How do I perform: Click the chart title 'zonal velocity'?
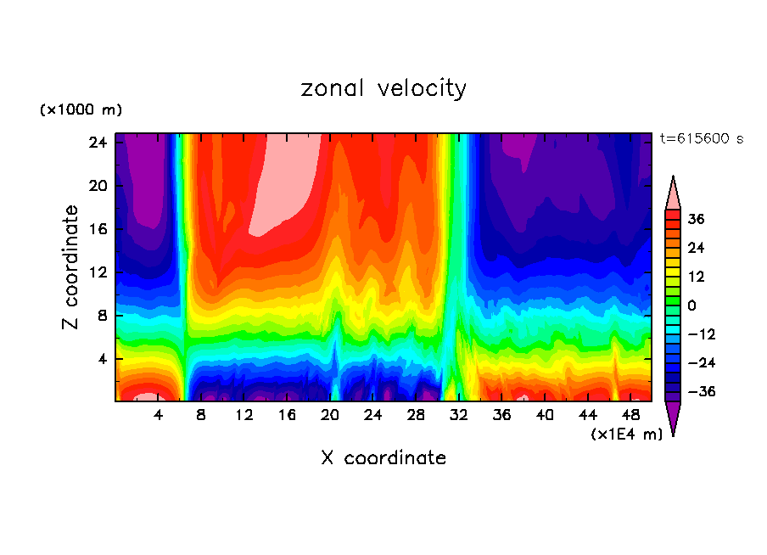pos(383,88)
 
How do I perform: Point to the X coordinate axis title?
pos(383,458)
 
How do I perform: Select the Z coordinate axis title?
pos(71,267)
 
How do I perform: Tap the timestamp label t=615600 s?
pos(702,139)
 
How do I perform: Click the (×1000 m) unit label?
pos(81,110)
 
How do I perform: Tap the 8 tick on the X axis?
pos(201,415)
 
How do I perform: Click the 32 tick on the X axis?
pos(459,415)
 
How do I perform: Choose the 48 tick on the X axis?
pos(630,415)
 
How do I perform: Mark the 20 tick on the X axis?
pos(330,415)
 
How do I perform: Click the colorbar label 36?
pos(696,219)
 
